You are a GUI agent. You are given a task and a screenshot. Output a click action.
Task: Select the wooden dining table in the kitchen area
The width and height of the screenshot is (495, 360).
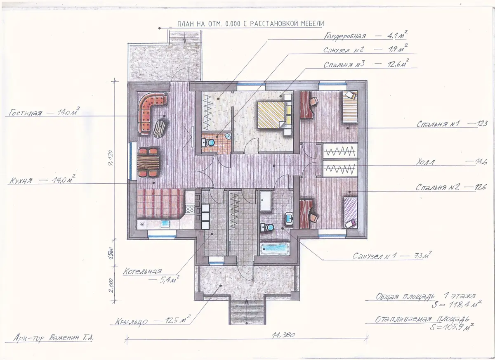(x=148, y=163)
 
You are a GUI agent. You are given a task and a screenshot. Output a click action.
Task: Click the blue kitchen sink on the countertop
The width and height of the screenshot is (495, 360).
(x=165, y=224)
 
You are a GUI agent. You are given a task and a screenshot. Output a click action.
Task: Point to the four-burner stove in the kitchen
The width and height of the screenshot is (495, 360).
(x=190, y=209)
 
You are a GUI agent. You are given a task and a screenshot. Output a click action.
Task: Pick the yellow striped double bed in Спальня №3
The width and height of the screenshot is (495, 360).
(x=271, y=114)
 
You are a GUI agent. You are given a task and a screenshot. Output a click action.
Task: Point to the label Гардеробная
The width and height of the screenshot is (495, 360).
(x=345, y=36)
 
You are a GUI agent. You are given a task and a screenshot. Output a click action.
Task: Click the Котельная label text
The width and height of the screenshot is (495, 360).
(x=142, y=271)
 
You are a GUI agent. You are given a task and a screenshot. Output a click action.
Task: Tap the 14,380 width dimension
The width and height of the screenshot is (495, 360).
(x=283, y=334)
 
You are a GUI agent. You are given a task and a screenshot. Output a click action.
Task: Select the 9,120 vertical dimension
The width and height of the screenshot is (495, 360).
(x=111, y=158)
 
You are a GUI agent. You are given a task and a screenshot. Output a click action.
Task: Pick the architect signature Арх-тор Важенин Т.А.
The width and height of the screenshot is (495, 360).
(x=54, y=338)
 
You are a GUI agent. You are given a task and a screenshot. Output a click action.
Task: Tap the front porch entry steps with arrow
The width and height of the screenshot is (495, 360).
(x=247, y=312)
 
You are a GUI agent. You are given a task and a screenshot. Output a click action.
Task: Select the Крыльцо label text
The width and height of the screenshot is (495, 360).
(x=131, y=321)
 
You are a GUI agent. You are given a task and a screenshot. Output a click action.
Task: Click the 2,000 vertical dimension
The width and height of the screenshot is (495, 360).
(x=111, y=285)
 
